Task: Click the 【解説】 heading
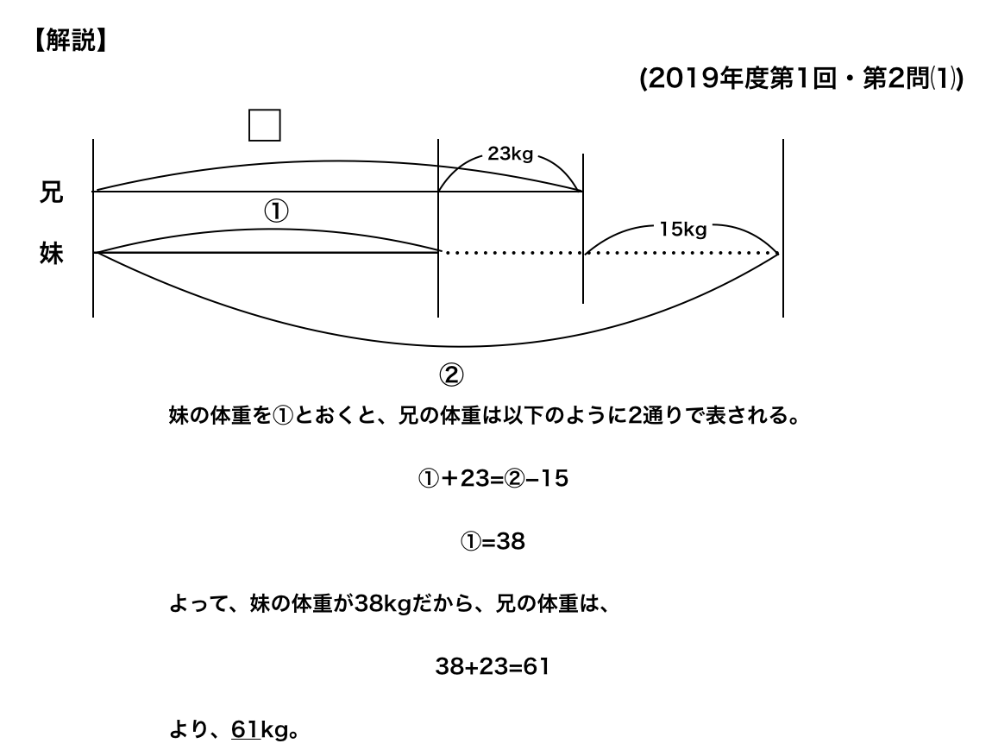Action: pos(70,41)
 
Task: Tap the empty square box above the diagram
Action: pos(265,125)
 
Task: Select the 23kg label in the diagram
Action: pos(510,154)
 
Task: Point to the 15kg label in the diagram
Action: pos(682,230)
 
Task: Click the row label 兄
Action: pos(51,192)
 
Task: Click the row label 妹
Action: pos(51,253)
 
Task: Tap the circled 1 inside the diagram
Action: pos(276,211)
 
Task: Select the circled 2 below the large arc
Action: pos(451,375)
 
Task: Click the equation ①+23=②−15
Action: pos(493,478)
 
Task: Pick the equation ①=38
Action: pos(493,541)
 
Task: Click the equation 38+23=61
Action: pos(493,666)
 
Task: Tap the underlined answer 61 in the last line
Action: pos(246,729)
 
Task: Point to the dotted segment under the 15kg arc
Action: pos(681,253)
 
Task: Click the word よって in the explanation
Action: pos(198,604)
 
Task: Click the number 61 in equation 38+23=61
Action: pos(536,666)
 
